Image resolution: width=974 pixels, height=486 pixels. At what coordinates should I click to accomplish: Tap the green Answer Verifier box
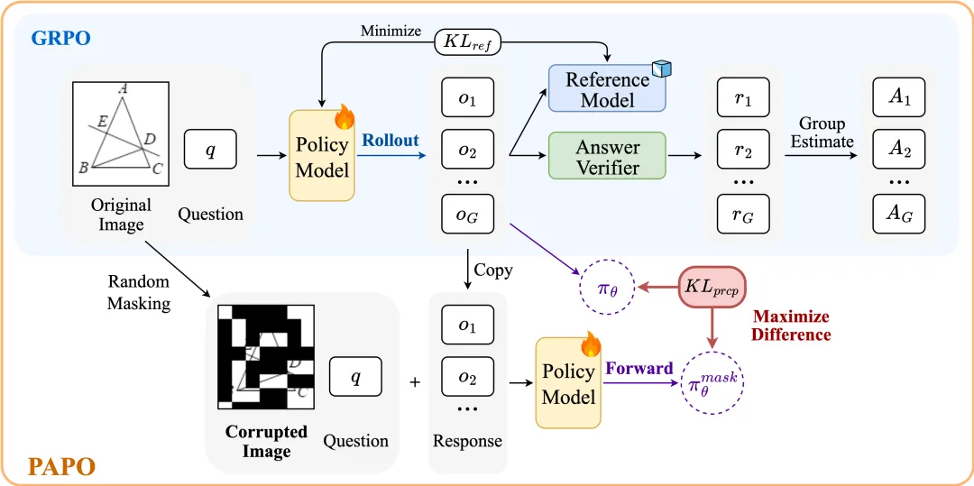coord(606,156)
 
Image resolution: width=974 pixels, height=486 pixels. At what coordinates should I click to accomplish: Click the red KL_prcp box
coord(712,287)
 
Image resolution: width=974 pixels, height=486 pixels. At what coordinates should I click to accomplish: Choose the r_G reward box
coord(743,214)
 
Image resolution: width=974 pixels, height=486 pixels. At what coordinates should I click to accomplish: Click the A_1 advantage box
coord(899,96)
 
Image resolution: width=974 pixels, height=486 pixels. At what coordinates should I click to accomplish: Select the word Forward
coord(639,369)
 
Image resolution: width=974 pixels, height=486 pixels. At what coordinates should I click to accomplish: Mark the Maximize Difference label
coord(791,326)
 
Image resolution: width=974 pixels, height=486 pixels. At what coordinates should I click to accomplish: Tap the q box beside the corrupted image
coord(355,377)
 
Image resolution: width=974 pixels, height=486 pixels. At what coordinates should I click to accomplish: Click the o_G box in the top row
coord(467,215)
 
